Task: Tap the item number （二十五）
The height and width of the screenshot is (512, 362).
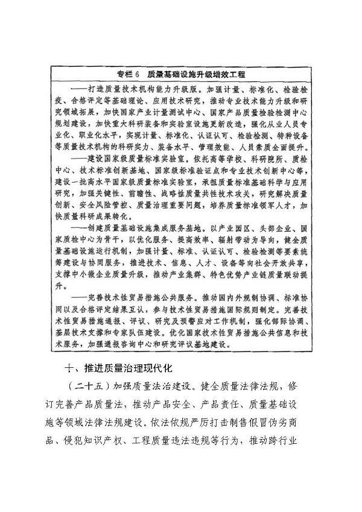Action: (88, 386)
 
